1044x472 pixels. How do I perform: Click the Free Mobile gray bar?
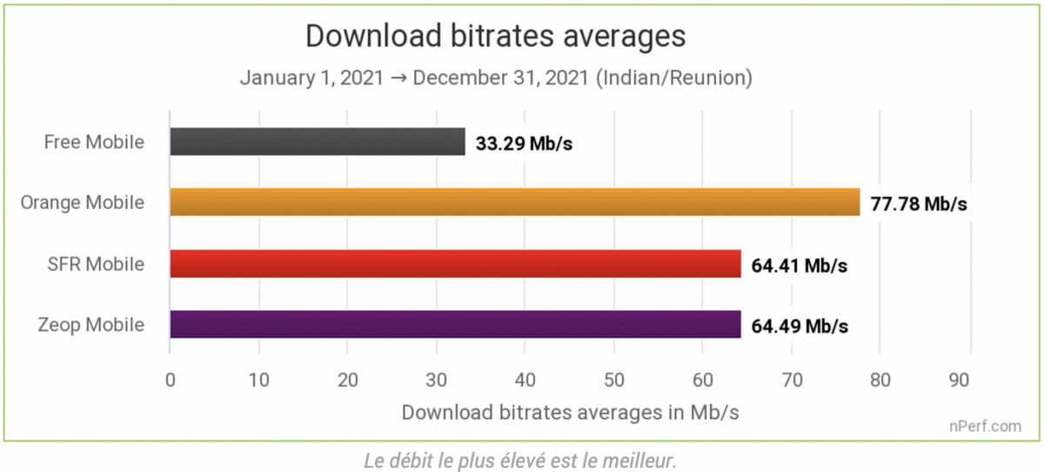coord(318,142)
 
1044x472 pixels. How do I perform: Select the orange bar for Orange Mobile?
coord(514,203)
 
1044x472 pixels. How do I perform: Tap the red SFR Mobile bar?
coord(455,264)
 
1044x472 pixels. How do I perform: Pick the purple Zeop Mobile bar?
coord(455,325)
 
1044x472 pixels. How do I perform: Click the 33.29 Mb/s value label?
coord(524,144)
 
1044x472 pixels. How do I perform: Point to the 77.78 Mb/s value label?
coord(919,205)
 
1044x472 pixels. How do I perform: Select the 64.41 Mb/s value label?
coord(800,266)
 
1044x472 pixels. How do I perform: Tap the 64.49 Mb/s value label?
coord(800,327)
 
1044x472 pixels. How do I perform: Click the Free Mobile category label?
coord(94,142)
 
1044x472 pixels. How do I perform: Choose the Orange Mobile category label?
coord(83,203)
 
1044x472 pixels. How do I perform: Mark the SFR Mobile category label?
coord(97,264)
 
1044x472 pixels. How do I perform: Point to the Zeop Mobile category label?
coord(91,325)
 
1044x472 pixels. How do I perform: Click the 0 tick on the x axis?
coord(171,381)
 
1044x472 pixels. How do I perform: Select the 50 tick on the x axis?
coord(614,381)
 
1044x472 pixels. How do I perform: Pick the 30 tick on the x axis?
coord(437,381)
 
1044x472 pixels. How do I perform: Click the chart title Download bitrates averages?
coord(496,37)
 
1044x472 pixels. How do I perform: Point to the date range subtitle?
coord(496,78)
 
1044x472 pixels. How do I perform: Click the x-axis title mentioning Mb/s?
coord(570,413)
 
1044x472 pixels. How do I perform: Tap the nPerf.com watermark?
coord(986,427)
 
